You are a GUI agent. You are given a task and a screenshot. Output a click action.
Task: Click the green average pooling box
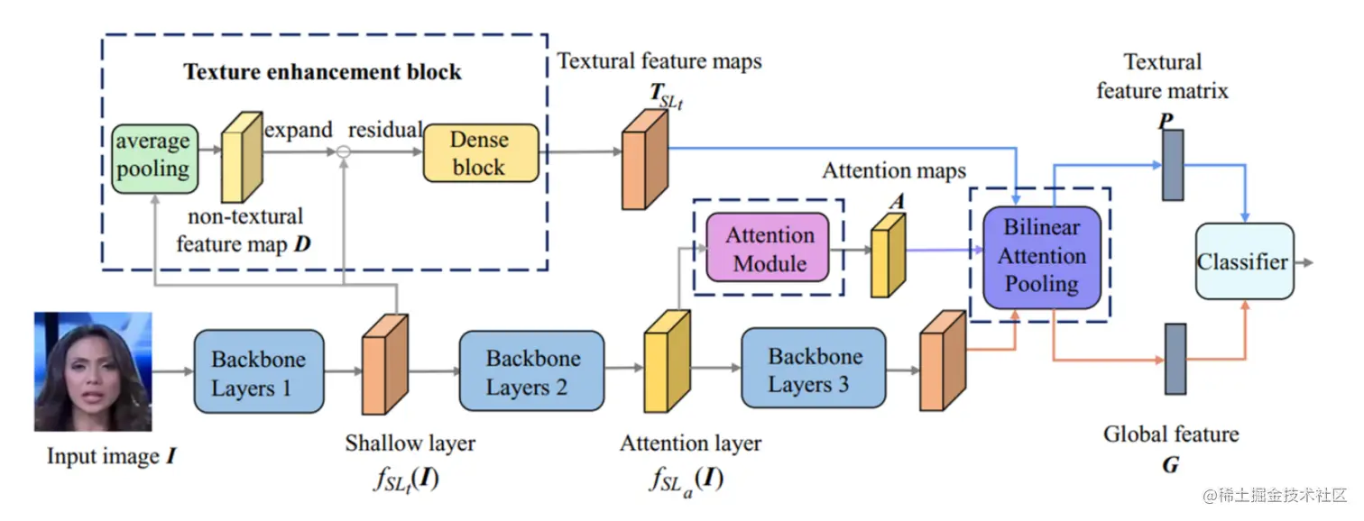(154, 159)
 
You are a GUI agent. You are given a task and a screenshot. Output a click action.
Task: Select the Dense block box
(481, 152)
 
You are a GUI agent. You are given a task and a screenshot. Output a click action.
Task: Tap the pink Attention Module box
(767, 247)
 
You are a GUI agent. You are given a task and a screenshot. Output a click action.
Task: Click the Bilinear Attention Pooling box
(1042, 257)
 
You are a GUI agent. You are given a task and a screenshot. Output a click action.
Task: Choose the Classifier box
(1245, 261)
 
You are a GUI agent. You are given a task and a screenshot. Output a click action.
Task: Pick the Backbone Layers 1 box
(259, 372)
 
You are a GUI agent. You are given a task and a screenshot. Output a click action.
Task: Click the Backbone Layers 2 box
(531, 370)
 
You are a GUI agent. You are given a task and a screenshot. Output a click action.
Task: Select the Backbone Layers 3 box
(814, 369)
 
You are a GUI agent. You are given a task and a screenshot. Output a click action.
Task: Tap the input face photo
(93, 371)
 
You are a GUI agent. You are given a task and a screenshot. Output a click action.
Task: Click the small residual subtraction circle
(344, 151)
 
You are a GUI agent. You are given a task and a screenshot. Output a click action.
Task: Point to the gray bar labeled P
(1173, 165)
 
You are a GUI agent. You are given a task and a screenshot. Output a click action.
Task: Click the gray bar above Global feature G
(1175, 359)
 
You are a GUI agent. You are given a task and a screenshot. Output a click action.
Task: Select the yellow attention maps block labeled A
(888, 255)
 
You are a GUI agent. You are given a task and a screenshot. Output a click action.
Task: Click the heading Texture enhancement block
(322, 72)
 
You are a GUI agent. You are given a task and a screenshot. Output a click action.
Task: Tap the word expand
(299, 130)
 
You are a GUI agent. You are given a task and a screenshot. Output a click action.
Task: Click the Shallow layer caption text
(410, 443)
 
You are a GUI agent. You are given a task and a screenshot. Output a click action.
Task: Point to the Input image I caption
(112, 456)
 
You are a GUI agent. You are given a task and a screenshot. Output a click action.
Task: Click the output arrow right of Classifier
(1304, 262)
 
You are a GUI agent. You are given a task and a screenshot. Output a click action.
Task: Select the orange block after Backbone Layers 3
(943, 361)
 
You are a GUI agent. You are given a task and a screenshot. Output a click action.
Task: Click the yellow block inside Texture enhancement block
(242, 157)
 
